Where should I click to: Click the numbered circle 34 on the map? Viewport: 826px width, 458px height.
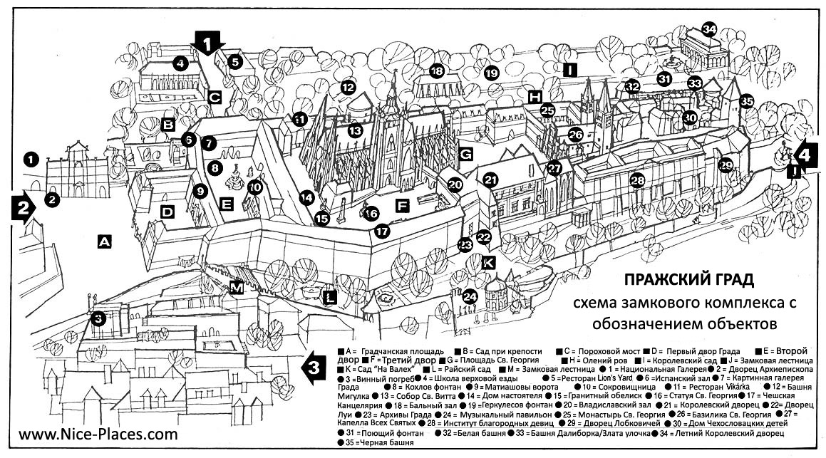coord(708,29)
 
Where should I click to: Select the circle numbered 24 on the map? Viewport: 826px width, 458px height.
coord(470,296)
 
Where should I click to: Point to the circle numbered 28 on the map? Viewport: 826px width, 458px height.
coord(637,181)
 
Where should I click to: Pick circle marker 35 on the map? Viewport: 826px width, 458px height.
coord(746,102)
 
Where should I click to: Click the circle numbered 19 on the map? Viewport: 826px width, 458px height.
coord(491,72)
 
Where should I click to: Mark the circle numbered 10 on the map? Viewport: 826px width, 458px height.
coord(256,187)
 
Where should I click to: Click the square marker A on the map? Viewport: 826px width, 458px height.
coord(104,242)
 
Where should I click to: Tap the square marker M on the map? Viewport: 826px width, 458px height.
coord(237,287)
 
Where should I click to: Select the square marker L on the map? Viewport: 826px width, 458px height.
coord(329,298)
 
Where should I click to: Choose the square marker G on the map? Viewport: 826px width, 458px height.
coord(465,154)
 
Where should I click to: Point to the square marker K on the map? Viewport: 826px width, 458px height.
coord(488,261)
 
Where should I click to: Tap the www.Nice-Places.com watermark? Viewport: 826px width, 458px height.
coord(98,433)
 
